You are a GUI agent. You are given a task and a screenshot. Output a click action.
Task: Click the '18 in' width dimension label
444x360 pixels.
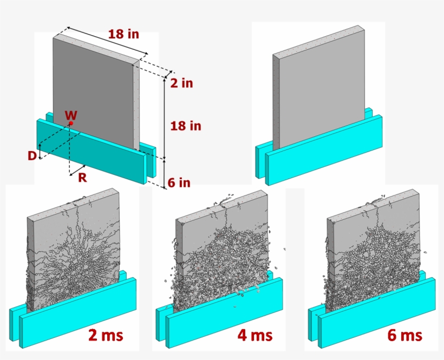123,34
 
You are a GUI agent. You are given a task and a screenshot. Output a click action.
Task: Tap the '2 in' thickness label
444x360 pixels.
181,83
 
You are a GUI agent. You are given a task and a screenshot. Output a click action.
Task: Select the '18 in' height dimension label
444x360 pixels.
186,126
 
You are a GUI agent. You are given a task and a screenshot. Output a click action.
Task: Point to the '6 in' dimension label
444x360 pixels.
179,183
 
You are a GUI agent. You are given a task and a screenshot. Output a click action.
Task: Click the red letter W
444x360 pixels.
70,115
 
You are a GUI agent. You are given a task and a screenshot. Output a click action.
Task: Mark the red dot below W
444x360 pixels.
70,123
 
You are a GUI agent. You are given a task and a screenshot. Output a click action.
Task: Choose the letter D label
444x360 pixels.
33,156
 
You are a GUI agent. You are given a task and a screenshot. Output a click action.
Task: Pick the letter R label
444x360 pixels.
82,177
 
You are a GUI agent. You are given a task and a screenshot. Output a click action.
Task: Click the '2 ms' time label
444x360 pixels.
106,335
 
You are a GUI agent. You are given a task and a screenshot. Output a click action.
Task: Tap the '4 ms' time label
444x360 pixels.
254,335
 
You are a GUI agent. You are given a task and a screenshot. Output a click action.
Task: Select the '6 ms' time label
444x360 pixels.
404,335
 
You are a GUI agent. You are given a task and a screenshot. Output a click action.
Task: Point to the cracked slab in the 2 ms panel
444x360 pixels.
73,249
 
